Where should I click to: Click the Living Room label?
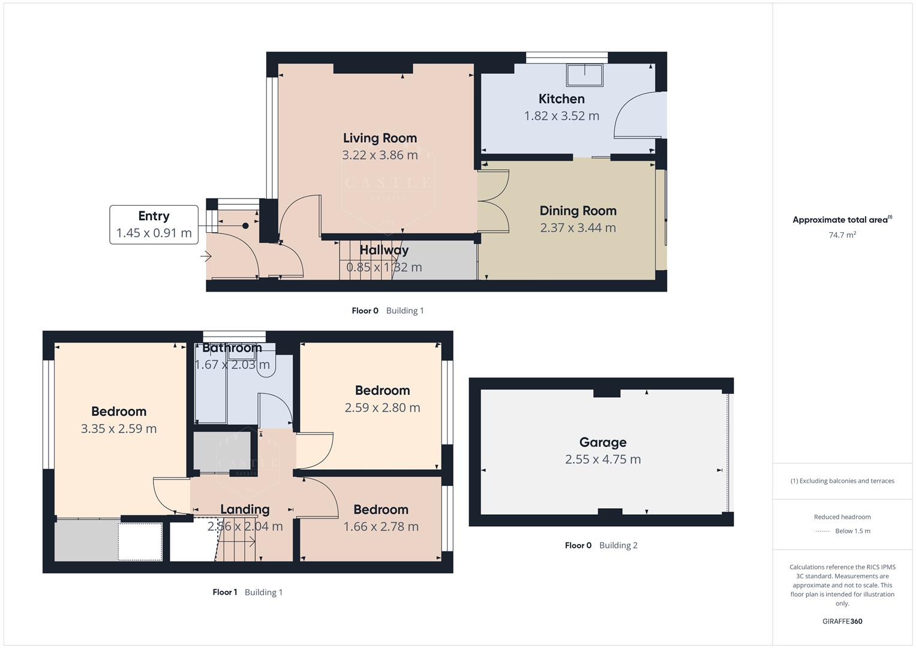coord(380,138)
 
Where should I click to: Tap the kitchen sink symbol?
coord(584,75)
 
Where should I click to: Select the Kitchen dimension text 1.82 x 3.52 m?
coord(561,116)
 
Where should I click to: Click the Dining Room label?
coord(578,211)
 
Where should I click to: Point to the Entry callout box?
coord(154,224)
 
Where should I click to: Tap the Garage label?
coord(602,442)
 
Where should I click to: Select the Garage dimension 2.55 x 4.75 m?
coord(602,460)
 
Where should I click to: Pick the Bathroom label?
coord(232,348)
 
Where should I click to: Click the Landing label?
coord(245,509)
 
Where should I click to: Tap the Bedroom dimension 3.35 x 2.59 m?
coord(119,429)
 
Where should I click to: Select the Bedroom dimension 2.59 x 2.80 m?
coord(382,408)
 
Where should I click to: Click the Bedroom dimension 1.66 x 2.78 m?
coord(380,527)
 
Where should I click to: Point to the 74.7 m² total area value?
coord(842,235)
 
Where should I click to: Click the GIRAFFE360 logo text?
coord(842,621)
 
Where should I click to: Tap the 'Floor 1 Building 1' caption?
coord(247,592)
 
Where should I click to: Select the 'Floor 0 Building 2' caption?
coord(600,545)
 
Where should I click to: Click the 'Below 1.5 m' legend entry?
coord(852,531)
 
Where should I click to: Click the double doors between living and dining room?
coord(493,201)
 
